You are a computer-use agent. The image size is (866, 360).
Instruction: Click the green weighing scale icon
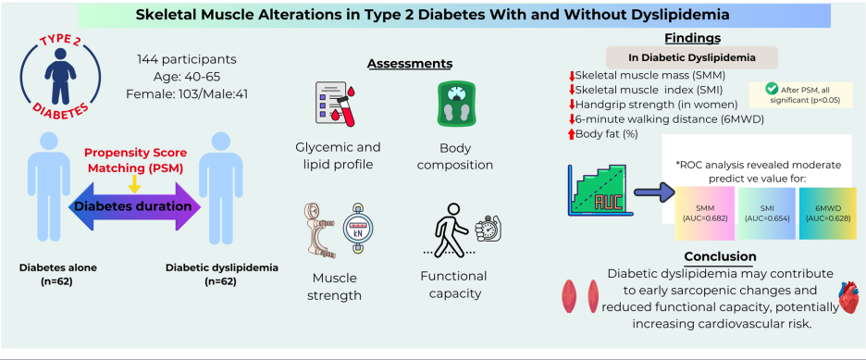pos(455,104)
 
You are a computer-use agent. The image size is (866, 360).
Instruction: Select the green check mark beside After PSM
pos(771,89)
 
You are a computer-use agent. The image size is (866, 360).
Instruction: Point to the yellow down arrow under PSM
pos(133,184)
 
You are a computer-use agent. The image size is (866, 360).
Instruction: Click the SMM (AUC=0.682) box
pos(704,213)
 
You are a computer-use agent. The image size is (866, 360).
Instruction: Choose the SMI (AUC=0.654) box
pos(767,213)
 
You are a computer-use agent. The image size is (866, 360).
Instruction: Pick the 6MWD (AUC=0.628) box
pos(827,213)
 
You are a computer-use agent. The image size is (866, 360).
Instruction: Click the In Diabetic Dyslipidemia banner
pos(691,57)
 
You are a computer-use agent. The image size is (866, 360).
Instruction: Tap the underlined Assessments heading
pos(410,64)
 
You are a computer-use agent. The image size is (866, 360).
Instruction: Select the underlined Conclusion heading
pos(720,256)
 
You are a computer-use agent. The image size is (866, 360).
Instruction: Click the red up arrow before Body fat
pos(572,133)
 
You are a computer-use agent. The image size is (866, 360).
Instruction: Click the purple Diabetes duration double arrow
pos(132,207)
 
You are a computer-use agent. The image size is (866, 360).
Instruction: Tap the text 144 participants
pos(187,58)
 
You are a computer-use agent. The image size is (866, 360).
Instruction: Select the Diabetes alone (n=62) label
pos(50,275)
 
